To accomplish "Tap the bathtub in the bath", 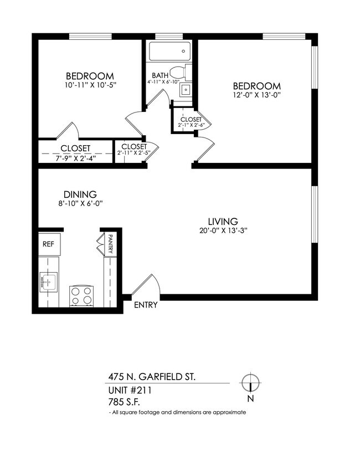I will tap(169, 53).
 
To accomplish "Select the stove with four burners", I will tap(81, 295).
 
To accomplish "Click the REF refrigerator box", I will tap(49, 243).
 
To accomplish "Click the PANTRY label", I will tap(111, 244).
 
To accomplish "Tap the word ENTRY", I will tap(146, 305).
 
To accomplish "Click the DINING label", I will tap(80, 194).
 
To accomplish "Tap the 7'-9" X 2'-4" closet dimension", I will tap(76, 157).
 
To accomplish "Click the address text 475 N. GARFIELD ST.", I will tap(151, 377).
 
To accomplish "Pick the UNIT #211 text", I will tap(130, 390).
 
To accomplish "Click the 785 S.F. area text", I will tap(125, 402).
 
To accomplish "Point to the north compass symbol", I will tap(250, 383).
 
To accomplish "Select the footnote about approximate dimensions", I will tap(177, 413).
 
